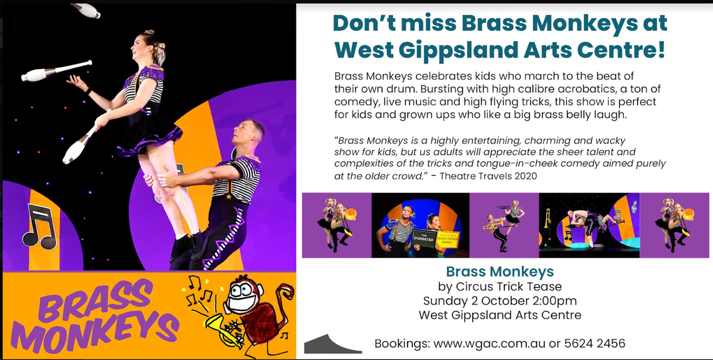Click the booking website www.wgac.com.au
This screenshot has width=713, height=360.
coord(489,344)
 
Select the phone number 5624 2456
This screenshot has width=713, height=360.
coord(595,343)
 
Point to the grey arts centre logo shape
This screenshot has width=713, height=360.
coord(333,345)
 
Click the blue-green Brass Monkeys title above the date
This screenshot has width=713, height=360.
coord(500,271)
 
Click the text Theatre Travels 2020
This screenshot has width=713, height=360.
coord(488,176)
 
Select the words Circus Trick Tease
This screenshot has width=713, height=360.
coord(509,286)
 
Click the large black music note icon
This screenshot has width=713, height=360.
coord(40,226)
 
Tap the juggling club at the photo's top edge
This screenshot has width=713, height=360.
coord(87,10)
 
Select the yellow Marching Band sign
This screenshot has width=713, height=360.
coord(447,239)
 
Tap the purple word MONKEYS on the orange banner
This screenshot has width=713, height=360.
coord(94,331)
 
